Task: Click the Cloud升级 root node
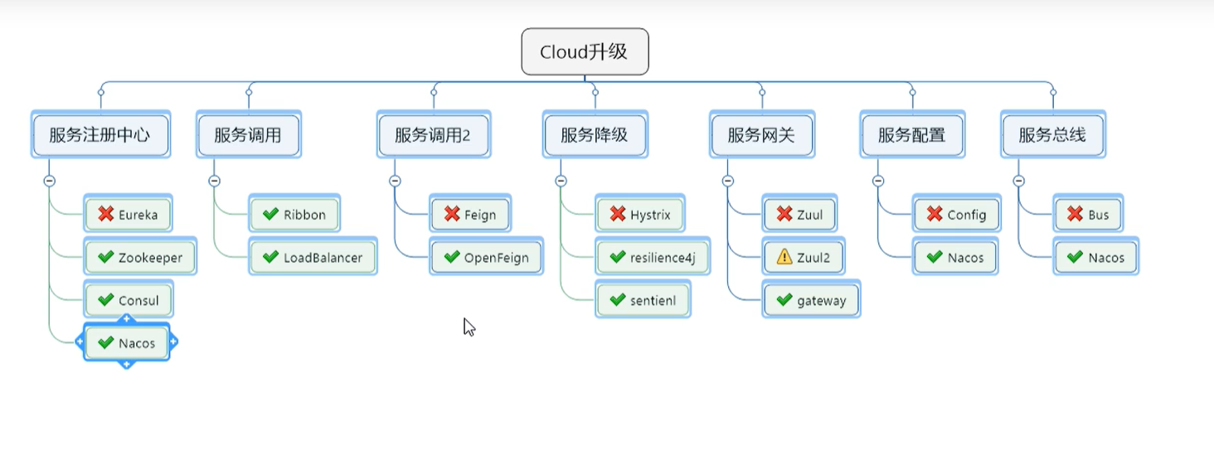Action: click(x=585, y=52)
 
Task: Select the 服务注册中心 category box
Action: click(x=100, y=135)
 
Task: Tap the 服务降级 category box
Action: click(x=595, y=135)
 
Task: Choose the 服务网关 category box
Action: click(x=761, y=135)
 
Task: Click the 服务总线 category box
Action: click(x=1052, y=135)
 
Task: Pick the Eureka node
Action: click(x=128, y=215)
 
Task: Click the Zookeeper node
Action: click(x=139, y=258)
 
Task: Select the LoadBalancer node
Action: click(x=313, y=258)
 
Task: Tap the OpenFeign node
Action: click(x=486, y=258)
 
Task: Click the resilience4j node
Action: click(x=652, y=258)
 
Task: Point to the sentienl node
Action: click(x=643, y=301)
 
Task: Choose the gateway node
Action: click(x=811, y=301)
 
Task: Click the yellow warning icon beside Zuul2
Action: click(x=784, y=258)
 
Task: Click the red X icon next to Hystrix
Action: click(x=617, y=215)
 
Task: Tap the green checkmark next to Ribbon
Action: click(x=270, y=215)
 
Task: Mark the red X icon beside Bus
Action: click(x=1075, y=215)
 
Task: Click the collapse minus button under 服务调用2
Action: click(x=395, y=181)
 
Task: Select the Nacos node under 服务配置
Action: click(x=955, y=258)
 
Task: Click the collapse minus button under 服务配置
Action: click(x=878, y=181)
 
